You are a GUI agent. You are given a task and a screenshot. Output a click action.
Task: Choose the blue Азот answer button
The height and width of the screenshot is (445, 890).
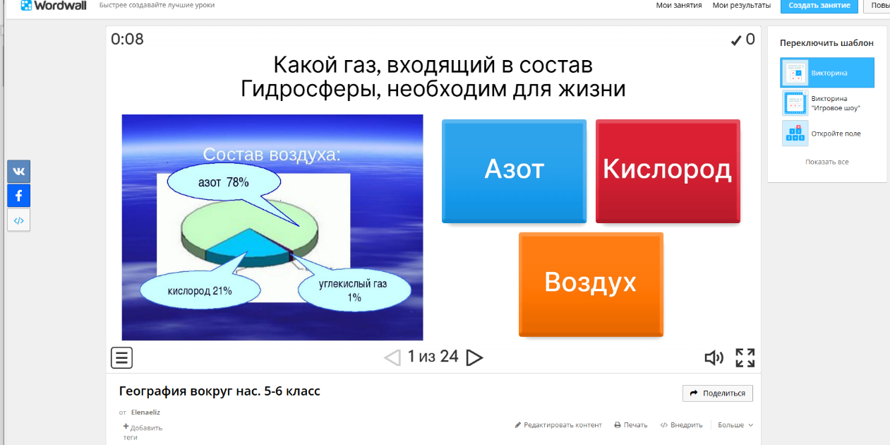514,171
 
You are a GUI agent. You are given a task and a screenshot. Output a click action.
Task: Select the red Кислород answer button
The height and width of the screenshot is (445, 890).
668,171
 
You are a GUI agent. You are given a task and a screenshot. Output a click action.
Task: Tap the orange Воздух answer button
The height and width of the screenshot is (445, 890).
591,285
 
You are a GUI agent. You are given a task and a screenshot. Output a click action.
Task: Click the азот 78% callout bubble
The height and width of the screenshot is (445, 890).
224,182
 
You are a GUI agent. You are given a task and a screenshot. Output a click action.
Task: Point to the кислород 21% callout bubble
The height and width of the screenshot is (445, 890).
200,291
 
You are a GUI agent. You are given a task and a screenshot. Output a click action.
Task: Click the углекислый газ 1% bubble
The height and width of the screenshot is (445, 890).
354,290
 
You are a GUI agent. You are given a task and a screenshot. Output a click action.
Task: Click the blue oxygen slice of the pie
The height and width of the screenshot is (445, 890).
248,244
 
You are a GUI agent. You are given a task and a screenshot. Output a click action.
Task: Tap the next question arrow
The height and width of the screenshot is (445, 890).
474,357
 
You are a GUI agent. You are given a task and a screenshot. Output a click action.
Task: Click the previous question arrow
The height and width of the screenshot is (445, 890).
392,357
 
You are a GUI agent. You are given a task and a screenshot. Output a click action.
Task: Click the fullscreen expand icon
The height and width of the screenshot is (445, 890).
745,358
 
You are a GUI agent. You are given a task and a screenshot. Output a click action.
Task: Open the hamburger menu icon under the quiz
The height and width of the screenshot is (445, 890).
121,357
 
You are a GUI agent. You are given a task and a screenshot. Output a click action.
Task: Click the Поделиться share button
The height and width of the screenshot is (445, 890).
718,393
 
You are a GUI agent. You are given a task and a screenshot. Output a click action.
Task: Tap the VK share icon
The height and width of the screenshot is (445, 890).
18,172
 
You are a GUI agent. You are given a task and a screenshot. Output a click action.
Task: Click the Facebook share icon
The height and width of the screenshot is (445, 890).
18,196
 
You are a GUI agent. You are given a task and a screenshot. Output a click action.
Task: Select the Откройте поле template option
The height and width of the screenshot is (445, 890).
827,133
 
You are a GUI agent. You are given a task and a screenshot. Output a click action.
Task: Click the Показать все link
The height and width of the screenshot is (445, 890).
826,162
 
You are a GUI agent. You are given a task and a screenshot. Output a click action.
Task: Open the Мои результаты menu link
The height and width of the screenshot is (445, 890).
741,5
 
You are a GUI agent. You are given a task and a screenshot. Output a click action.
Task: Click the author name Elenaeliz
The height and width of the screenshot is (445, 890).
145,413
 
